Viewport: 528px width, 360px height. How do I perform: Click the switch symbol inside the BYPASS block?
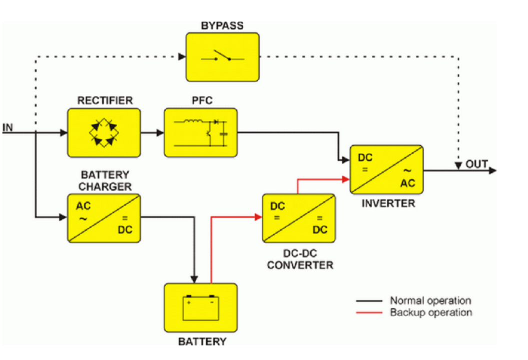223,56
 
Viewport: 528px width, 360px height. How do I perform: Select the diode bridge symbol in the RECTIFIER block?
104,132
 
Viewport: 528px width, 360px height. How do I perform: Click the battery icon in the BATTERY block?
201,308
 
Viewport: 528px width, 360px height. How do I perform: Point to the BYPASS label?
223,25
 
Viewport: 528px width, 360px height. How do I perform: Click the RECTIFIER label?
105,100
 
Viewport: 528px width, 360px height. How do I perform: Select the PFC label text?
202,100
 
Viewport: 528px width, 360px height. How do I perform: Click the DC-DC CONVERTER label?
300,259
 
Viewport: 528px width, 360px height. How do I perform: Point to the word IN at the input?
8,127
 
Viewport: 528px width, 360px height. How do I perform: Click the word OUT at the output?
476,163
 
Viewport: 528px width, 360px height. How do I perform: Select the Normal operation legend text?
430,301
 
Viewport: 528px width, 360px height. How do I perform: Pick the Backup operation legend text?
430,312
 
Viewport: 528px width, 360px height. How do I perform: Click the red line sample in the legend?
370,313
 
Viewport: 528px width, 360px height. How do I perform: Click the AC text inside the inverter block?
407,183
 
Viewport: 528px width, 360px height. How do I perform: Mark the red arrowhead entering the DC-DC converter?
258,217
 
